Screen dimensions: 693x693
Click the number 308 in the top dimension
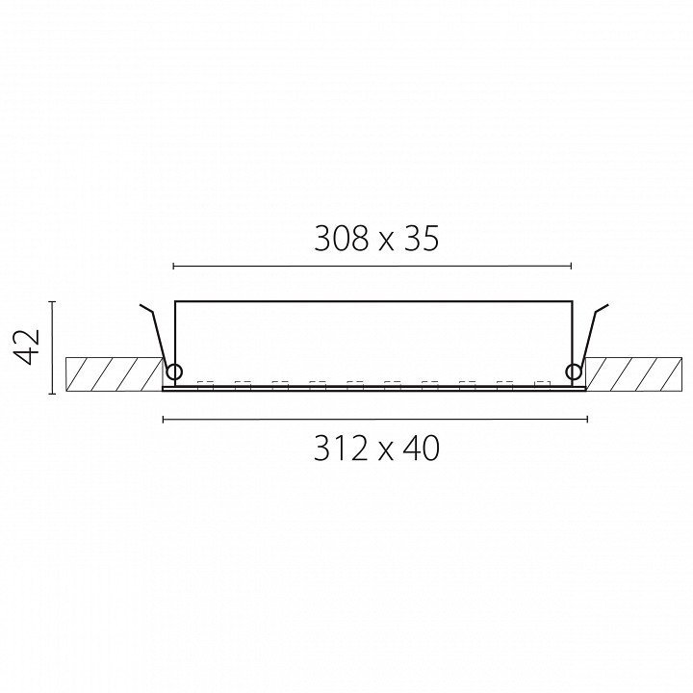[341, 239]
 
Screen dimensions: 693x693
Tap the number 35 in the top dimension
[422, 239]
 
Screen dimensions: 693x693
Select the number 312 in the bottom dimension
[341, 449]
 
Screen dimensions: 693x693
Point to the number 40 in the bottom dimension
[422, 449]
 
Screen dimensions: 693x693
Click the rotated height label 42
[27, 346]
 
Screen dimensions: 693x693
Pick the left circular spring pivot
[174, 372]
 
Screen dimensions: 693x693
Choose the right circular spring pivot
[574, 372]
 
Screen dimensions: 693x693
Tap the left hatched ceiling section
[114, 373]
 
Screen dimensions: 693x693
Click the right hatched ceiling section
[633, 373]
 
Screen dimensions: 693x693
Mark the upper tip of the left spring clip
[141, 304]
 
